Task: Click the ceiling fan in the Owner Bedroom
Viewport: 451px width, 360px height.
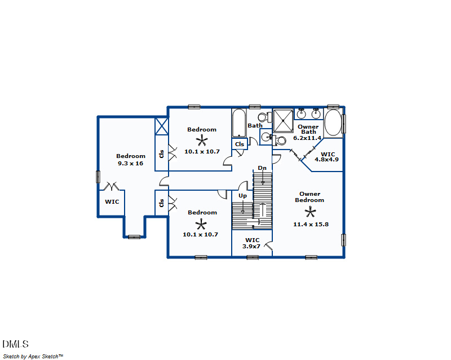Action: [309, 212]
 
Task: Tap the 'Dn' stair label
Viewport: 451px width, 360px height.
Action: [262, 168]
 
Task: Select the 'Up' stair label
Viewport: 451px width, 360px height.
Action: [242, 196]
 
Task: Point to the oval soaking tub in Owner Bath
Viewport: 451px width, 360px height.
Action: [333, 123]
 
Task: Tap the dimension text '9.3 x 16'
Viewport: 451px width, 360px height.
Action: [131, 163]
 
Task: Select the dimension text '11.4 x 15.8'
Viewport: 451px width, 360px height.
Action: [311, 224]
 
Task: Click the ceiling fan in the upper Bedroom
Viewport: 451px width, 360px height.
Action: [202, 141]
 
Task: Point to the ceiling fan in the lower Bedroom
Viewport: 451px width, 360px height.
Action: [202, 223]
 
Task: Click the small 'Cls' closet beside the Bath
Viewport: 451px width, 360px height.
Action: [240, 144]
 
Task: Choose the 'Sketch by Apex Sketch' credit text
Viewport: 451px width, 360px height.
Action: [33, 356]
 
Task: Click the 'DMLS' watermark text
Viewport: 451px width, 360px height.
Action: [15, 344]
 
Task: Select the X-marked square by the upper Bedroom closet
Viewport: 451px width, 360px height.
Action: [162, 126]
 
